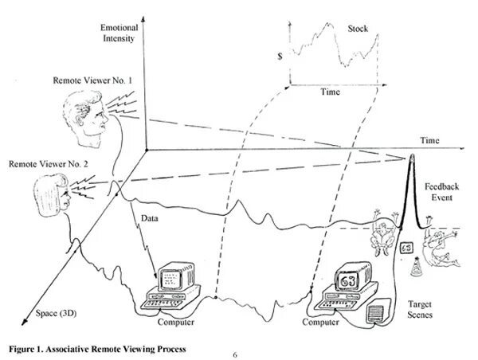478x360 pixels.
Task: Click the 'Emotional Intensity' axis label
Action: [119, 33]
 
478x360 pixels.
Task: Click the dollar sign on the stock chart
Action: [279, 57]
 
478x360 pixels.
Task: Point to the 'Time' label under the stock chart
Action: [331, 92]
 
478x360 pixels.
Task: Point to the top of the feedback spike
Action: [413, 155]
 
